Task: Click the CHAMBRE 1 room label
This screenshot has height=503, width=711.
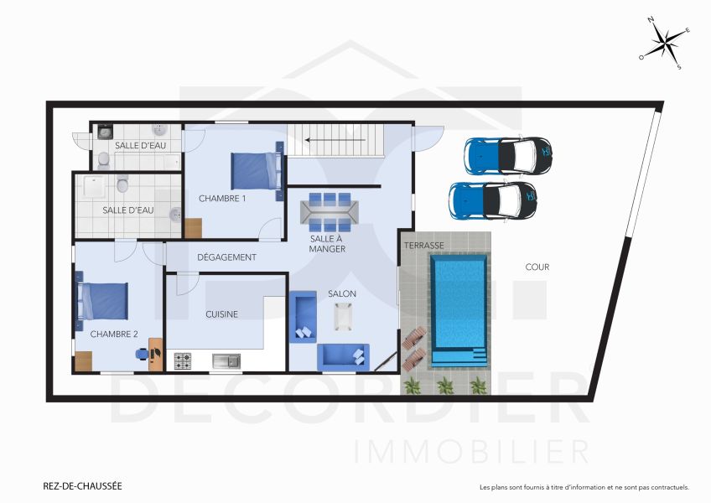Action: (x=222, y=199)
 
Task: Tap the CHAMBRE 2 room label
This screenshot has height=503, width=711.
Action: (x=114, y=334)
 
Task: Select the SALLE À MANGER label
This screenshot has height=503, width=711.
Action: (x=327, y=243)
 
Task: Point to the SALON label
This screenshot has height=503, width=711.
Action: (x=342, y=293)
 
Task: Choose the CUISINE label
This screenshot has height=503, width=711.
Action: (x=222, y=314)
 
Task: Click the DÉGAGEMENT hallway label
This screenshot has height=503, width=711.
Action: (x=226, y=257)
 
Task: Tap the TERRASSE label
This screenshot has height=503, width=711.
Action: (x=423, y=246)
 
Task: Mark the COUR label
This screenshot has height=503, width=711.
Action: (x=537, y=267)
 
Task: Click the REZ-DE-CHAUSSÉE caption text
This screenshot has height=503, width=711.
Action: (x=82, y=485)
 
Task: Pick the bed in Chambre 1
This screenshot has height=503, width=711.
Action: (x=255, y=170)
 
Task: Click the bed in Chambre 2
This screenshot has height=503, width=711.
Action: (x=103, y=301)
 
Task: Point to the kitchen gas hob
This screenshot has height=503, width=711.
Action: (x=183, y=360)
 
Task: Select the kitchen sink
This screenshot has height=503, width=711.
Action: (x=226, y=360)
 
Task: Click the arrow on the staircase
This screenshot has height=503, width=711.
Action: (x=335, y=140)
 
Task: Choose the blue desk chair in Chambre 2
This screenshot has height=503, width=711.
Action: (x=143, y=354)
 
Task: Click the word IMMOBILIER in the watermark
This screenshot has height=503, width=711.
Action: (x=471, y=452)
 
